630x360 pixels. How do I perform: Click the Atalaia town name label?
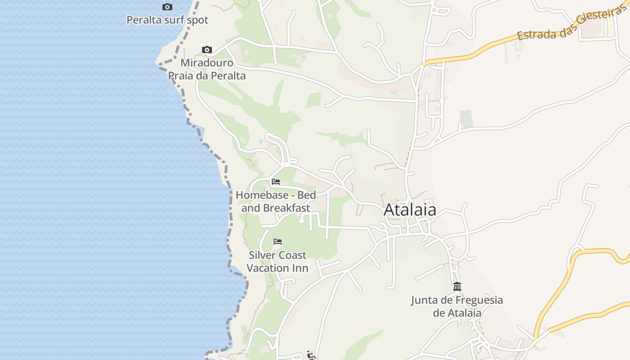(x=409, y=210)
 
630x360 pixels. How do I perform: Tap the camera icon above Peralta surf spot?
(x=167, y=7)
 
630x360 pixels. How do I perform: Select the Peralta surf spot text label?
(x=167, y=20)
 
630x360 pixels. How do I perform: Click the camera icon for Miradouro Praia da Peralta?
(x=207, y=49)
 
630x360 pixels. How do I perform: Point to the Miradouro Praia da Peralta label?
(x=207, y=69)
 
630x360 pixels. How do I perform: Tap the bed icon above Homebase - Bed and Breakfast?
(x=276, y=182)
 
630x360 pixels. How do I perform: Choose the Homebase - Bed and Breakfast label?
(x=276, y=202)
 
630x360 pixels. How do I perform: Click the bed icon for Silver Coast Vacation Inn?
(x=278, y=242)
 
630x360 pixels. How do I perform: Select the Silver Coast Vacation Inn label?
(x=278, y=261)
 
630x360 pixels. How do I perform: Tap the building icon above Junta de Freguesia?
(x=457, y=286)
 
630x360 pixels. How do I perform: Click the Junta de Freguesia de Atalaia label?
(x=457, y=306)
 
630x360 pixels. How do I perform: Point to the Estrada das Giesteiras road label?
(x=571, y=25)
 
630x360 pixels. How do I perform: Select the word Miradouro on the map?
(x=207, y=63)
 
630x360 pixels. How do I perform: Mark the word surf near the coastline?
(x=171, y=20)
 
